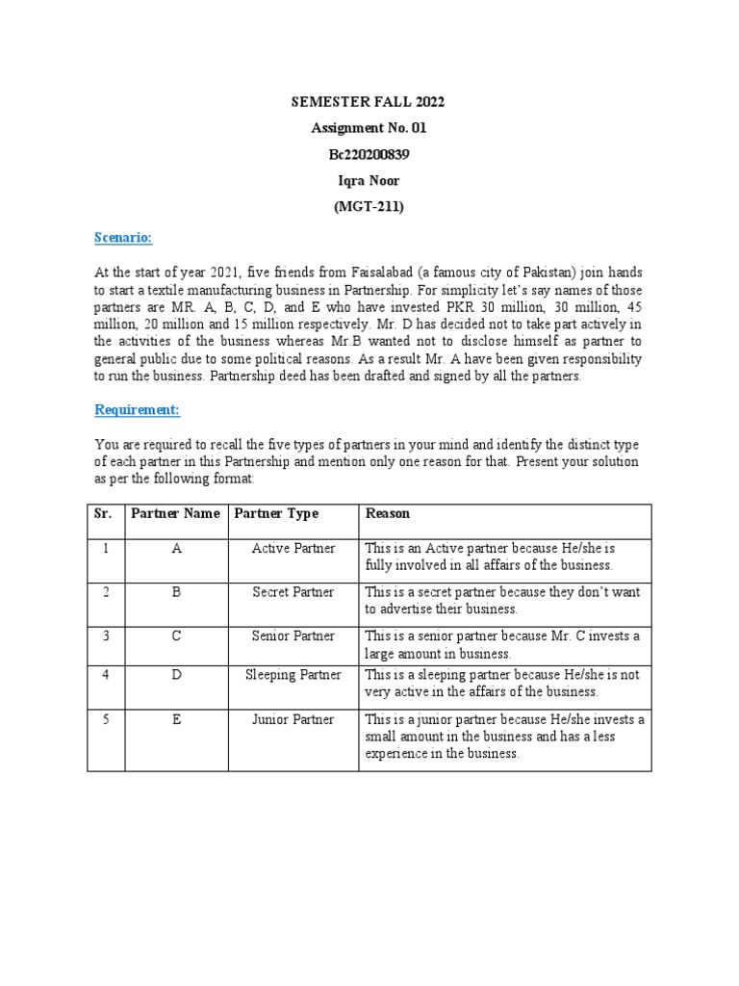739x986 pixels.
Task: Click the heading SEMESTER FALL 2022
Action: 369,101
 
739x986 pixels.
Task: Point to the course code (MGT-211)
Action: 369,205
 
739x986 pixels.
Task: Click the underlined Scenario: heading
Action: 123,238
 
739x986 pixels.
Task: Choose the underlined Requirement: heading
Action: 137,410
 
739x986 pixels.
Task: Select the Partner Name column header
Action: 175,514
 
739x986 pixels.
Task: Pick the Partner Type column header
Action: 276,514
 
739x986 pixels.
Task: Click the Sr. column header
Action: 103,514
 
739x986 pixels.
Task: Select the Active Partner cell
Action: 293,548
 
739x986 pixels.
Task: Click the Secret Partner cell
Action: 293,592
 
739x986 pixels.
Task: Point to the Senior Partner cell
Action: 293,636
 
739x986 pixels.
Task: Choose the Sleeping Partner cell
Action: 293,675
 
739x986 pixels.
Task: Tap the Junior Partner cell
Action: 293,719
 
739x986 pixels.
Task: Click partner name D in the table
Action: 176,675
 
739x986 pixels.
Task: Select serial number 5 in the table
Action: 104,719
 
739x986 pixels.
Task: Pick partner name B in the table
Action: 176,592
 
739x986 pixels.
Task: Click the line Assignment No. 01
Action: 369,127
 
